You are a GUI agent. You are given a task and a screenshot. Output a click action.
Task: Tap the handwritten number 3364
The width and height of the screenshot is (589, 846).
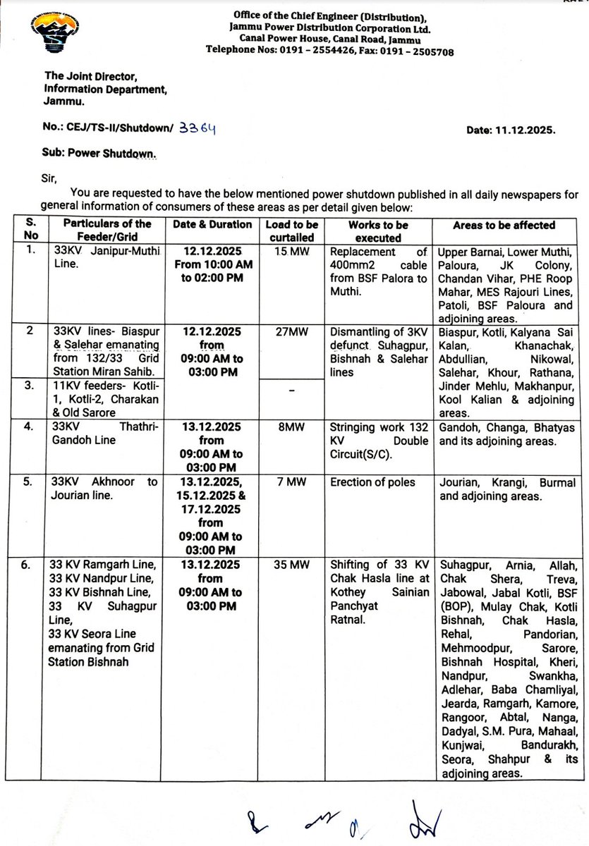[198, 128]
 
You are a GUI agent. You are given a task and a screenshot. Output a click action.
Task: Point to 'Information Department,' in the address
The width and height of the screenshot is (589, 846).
[106, 90]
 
